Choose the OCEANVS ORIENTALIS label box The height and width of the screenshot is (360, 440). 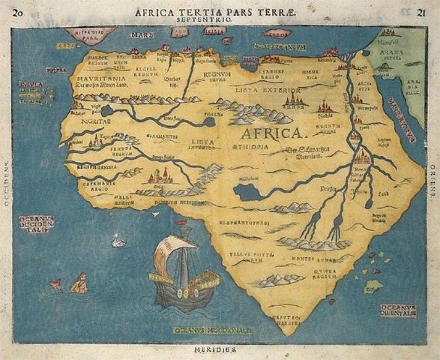click(398, 310)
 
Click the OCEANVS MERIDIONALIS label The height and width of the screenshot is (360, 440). click(213, 329)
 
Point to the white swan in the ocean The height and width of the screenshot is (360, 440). click(118, 241)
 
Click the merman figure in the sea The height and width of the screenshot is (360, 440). click(78, 283)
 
